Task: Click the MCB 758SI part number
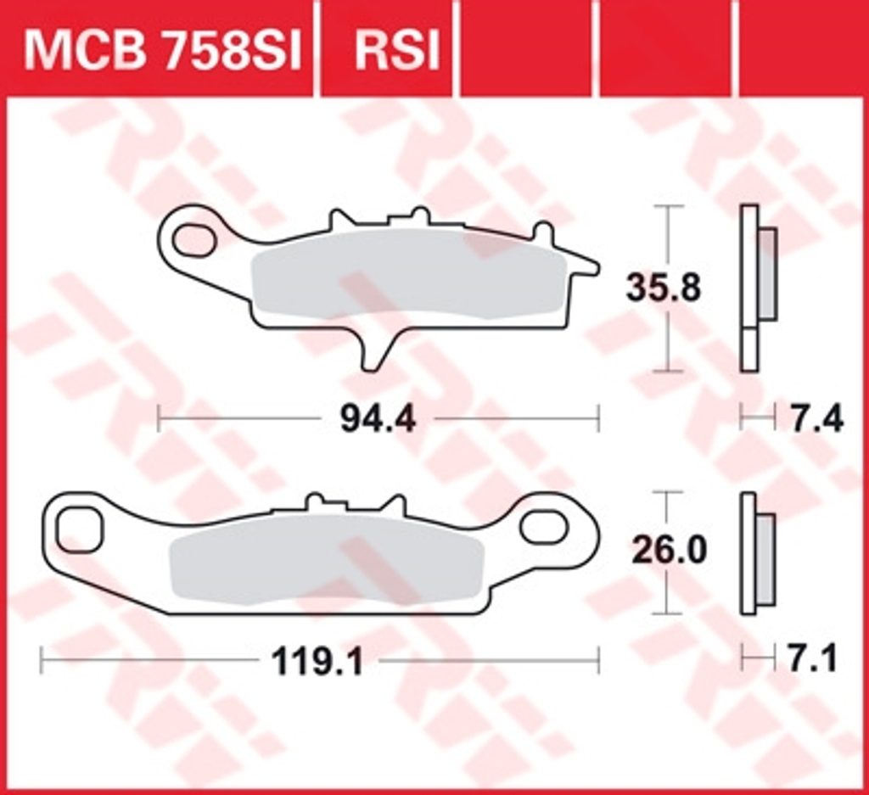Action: (162, 51)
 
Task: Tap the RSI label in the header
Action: (397, 51)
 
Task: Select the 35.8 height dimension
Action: (664, 288)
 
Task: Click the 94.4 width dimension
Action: (378, 418)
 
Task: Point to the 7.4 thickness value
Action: (816, 418)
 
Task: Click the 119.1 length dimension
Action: (317, 661)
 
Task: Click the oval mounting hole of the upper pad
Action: (193, 240)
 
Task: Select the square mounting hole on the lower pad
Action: (80, 529)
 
